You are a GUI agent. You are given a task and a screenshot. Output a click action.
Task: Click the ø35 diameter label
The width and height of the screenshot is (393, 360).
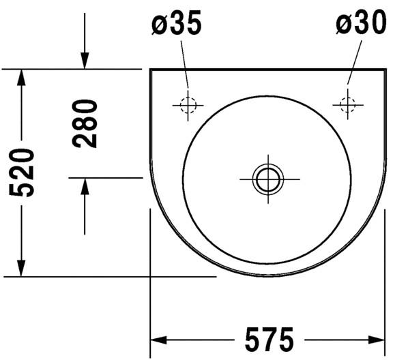(x=176, y=23)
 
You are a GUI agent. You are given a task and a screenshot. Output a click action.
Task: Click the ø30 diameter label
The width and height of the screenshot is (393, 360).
(x=361, y=22)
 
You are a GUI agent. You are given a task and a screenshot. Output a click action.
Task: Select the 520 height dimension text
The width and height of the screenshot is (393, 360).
(x=22, y=172)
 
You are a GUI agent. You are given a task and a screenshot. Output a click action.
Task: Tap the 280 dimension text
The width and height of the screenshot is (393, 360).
(x=85, y=124)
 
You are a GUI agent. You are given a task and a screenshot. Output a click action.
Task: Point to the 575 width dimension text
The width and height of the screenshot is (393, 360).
(x=270, y=340)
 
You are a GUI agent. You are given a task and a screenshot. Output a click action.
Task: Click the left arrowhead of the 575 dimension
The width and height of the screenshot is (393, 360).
(x=158, y=340)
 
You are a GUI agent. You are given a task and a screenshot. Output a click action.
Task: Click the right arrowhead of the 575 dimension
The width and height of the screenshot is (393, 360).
(x=377, y=340)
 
